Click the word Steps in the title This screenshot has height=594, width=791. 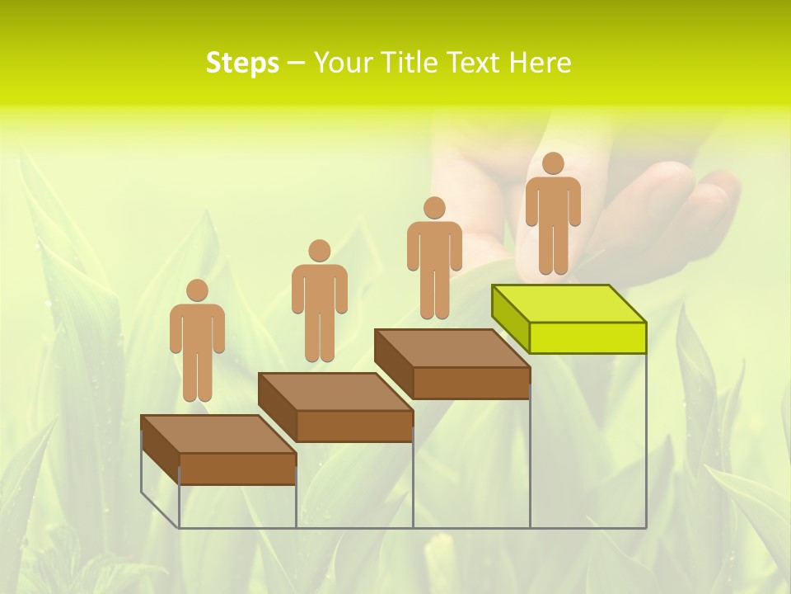(x=242, y=64)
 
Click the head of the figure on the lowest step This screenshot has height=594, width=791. (x=197, y=290)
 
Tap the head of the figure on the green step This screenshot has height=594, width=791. (x=553, y=163)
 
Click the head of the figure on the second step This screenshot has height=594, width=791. (x=319, y=251)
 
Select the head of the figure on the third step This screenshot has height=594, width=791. (x=433, y=208)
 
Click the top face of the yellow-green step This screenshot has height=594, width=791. (x=569, y=304)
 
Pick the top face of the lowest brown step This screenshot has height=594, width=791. (x=218, y=434)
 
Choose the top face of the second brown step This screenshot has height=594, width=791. (x=335, y=392)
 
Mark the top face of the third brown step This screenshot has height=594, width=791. (x=452, y=348)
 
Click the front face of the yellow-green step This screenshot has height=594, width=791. (x=587, y=337)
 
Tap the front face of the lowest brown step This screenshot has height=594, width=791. (x=237, y=469)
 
